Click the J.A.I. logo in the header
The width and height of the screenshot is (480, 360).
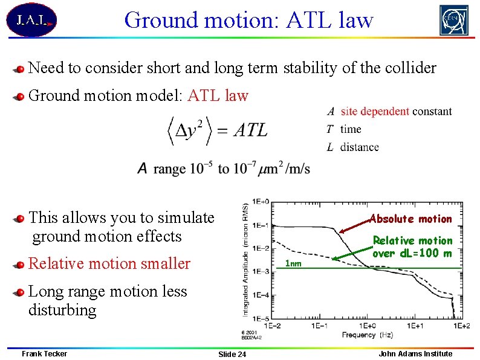pyautogui.click(x=31, y=20)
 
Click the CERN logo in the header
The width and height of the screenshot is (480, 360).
pyautogui.click(x=453, y=20)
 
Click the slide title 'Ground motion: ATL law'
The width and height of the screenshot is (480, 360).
pyautogui.click(x=248, y=20)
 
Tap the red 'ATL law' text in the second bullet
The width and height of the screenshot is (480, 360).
pyautogui.click(x=218, y=95)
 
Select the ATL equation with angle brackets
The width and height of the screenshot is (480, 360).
pyautogui.click(x=217, y=130)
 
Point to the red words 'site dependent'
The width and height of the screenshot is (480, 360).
pyautogui.click(x=375, y=111)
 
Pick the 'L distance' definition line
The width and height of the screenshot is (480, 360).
pyautogui.click(x=352, y=147)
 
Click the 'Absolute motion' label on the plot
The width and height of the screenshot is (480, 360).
pyautogui.click(x=410, y=219)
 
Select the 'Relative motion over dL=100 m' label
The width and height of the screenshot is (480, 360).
pyautogui.click(x=412, y=246)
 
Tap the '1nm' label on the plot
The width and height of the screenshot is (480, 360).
pyautogui.click(x=293, y=263)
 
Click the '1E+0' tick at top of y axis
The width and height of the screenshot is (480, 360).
pyautogui.click(x=261, y=201)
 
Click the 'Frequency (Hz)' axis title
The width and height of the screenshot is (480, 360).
pyautogui.click(x=367, y=334)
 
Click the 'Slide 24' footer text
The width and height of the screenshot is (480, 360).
pyautogui.click(x=232, y=354)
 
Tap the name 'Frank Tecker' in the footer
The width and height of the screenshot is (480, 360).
pyautogui.click(x=44, y=353)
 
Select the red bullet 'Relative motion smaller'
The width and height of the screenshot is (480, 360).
pyautogui.click(x=109, y=263)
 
